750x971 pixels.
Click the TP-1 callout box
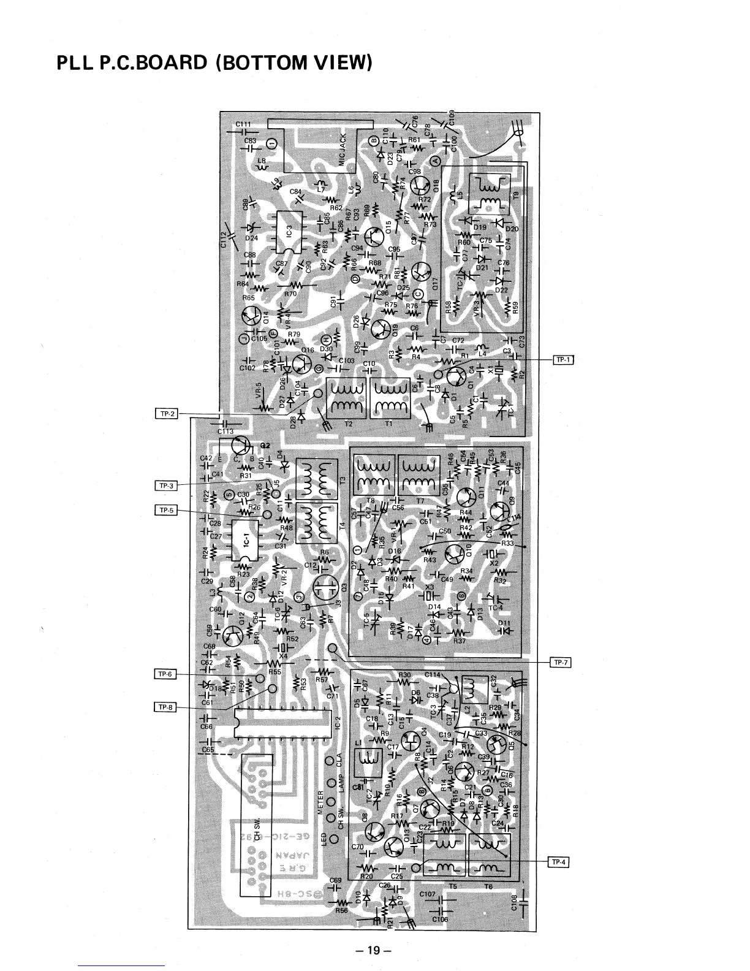563,359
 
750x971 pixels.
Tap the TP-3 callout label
167,486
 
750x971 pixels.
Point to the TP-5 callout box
167,510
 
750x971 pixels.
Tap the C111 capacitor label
243,124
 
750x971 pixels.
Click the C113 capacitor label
225,431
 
